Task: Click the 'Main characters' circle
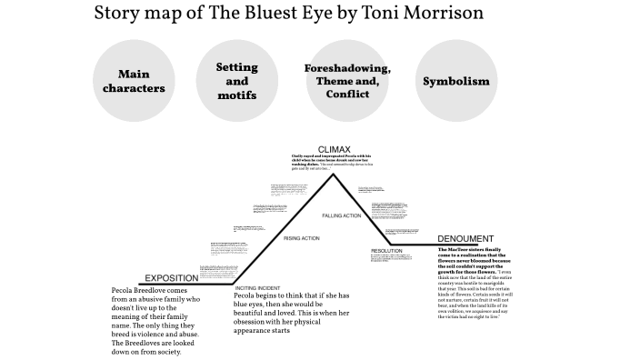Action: coord(134,82)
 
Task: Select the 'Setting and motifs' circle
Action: coord(236,82)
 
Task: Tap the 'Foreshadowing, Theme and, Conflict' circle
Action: coord(346,82)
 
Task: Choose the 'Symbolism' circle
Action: coord(455,82)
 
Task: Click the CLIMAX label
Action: coord(334,149)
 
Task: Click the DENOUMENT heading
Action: coord(465,239)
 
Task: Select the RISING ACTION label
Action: coord(302,238)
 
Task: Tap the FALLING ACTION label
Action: coord(342,215)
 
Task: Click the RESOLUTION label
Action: coord(386,250)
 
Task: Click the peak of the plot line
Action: coord(334,173)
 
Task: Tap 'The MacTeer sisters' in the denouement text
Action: coord(466,249)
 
